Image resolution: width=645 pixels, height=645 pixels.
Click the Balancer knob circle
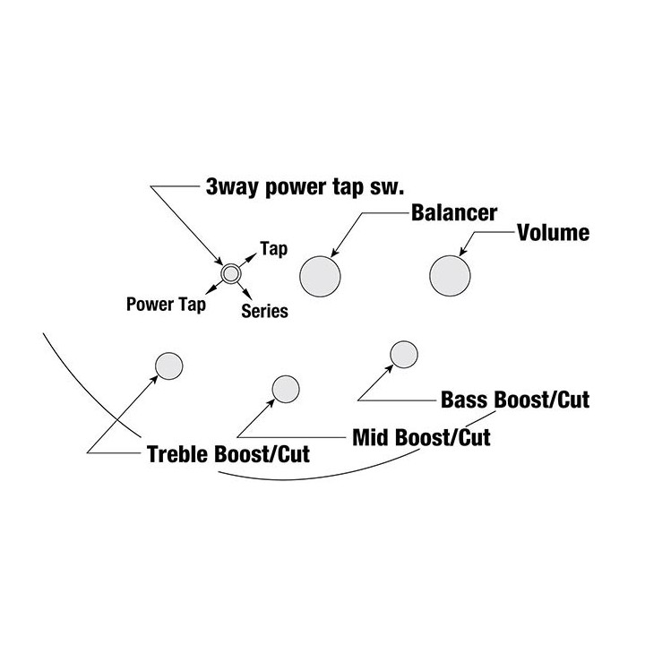[x=320, y=276]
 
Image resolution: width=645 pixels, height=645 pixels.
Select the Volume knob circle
[x=450, y=276]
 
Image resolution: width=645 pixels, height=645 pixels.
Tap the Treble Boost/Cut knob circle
[x=169, y=365]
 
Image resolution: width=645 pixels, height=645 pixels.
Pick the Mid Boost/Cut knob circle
[x=286, y=389]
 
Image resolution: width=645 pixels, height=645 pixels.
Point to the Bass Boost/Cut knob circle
[x=404, y=354]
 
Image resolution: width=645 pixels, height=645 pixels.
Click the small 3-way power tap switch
[x=231, y=273]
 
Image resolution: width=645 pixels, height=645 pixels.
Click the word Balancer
[x=454, y=212]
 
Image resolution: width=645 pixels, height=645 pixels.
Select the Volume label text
[x=554, y=232]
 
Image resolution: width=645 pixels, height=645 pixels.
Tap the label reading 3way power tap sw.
[x=305, y=186]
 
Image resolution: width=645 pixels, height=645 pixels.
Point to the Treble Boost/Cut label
[x=228, y=454]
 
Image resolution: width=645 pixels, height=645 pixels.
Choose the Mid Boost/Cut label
[x=422, y=437]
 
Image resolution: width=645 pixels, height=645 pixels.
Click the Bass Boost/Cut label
[x=515, y=400]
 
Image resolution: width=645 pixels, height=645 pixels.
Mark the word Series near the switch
[x=264, y=311]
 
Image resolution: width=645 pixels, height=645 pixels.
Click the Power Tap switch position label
[x=166, y=305]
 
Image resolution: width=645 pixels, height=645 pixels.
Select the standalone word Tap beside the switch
[x=273, y=249]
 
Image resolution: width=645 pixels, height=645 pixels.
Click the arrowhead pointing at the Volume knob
[x=462, y=252]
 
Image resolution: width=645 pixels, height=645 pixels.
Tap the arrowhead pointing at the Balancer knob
[x=334, y=254]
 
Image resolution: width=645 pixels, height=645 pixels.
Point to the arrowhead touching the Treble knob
[x=154, y=379]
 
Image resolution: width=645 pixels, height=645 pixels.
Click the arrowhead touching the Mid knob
[x=271, y=403]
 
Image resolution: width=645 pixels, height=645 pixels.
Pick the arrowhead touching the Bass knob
[x=389, y=368]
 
